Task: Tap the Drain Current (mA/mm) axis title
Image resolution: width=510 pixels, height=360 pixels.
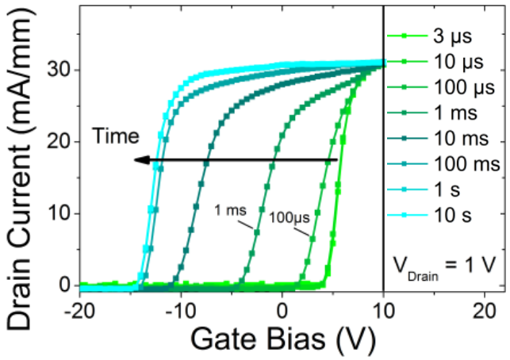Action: tap(21, 163)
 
